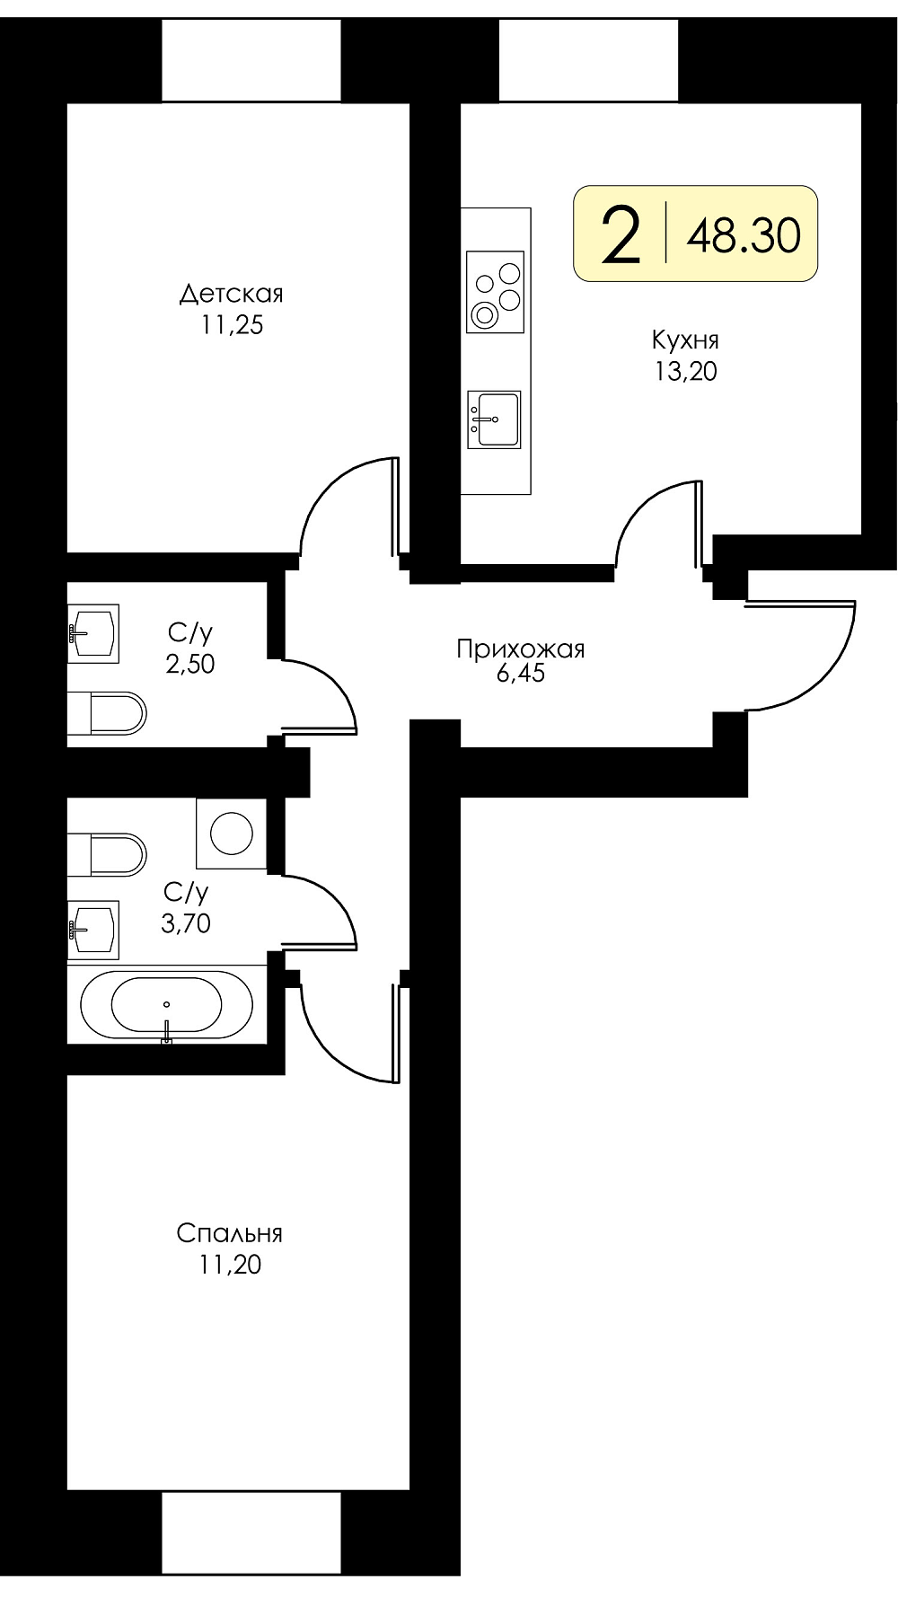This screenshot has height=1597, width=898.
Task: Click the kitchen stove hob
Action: click(x=495, y=291)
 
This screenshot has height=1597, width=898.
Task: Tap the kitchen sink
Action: click(x=494, y=419)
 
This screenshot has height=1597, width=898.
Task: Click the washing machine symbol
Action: click(x=232, y=834)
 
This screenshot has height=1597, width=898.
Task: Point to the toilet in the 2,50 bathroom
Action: click(x=107, y=714)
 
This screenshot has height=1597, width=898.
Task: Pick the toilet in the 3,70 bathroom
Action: click(x=107, y=854)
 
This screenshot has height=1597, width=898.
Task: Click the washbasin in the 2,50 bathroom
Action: click(x=93, y=633)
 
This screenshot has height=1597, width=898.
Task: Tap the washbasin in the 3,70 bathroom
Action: click(x=93, y=927)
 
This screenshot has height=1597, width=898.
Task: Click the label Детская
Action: click(x=232, y=294)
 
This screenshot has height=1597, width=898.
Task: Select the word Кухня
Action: click(x=685, y=340)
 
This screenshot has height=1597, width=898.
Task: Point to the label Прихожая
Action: click(x=521, y=649)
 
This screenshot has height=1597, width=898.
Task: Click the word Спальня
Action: click(x=230, y=1233)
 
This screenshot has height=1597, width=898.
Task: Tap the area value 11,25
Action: click(x=232, y=325)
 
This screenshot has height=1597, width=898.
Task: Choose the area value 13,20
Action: click(x=686, y=371)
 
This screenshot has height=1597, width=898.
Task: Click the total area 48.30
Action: click(x=744, y=235)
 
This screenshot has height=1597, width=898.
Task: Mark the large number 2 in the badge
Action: click(x=621, y=234)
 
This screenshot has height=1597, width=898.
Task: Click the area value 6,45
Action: click(x=521, y=674)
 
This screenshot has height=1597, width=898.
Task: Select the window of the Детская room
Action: click(x=251, y=60)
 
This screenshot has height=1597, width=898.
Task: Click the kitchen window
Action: click(x=589, y=60)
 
